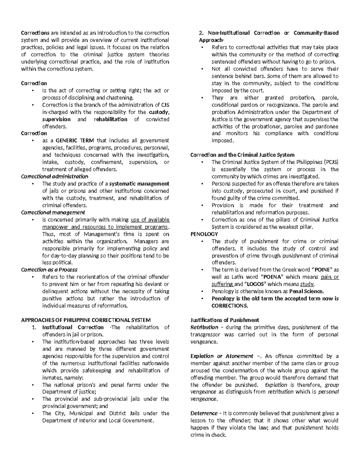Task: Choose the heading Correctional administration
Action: tap(55, 176)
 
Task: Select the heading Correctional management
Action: tap(53, 212)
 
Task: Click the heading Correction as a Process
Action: tap(49, 270)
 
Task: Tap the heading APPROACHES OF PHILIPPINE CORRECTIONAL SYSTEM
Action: tap(86, 320)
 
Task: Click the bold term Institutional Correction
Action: tap(73, 327)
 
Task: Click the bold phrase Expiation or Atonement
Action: tap(222, 356)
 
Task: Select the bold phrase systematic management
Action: tap(139, 184)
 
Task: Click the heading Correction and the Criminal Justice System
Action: tap(242, 155)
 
